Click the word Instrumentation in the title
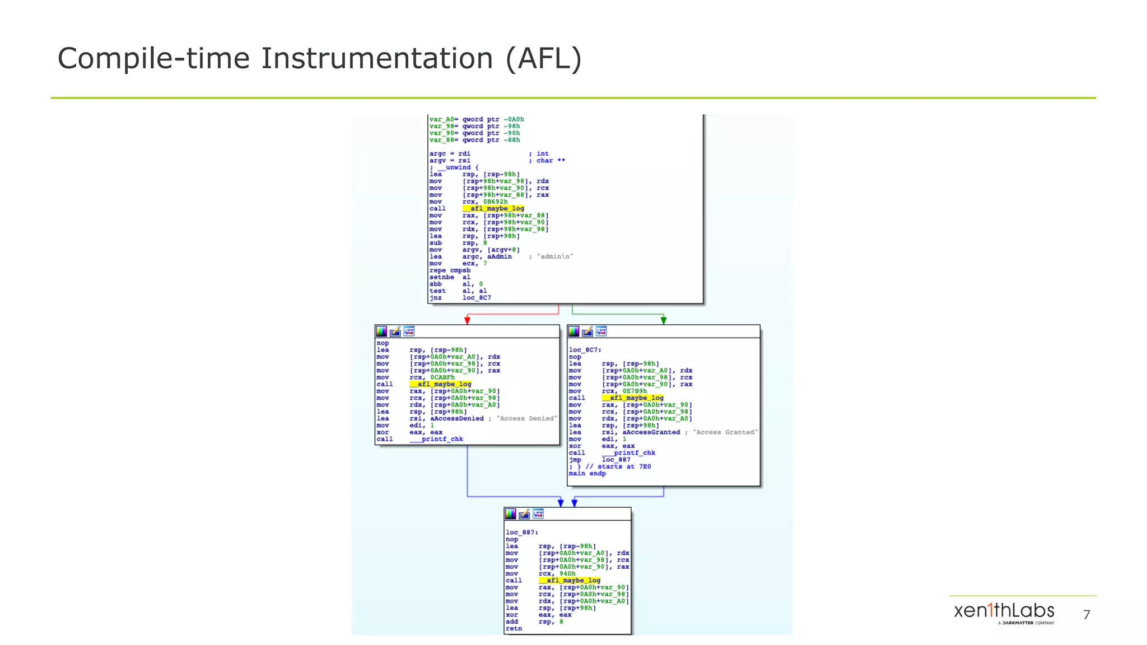pos(376,59)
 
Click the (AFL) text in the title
pos(543,59)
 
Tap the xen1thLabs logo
pos(1004,611)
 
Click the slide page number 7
pos(1087,615)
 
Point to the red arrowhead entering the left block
pos(467,320)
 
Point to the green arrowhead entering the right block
pos(664,320)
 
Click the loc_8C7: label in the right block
pos(585,350)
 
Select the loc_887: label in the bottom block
pos(521,532)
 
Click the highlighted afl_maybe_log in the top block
pos(493,208)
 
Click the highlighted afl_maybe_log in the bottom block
pos(570,581)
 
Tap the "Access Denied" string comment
pos(526,419)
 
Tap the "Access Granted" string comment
pos(725,432)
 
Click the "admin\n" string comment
pos(554,256)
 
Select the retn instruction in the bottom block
pos(514,629)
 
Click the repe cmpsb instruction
pos(450,270)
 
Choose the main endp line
pos(587,474)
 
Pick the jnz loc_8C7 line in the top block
pos(460,298)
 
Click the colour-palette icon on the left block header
pos(381,331)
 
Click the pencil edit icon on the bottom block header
pos(524,514)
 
